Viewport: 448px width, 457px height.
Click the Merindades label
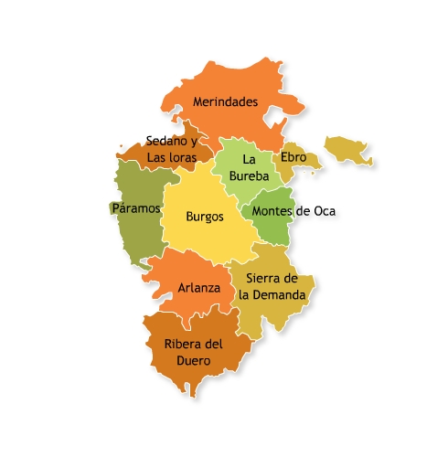click(225, 102)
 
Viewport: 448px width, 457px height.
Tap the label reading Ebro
click(293, 157)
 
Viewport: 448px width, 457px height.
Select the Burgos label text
click(204, 218)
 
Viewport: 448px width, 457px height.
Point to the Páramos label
click(136, 208)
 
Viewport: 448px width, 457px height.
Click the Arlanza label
click(198, 287)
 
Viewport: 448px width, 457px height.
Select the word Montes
click(272, 211)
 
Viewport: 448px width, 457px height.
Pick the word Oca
click(325, 211)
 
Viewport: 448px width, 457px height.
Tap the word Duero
click(193, 361)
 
